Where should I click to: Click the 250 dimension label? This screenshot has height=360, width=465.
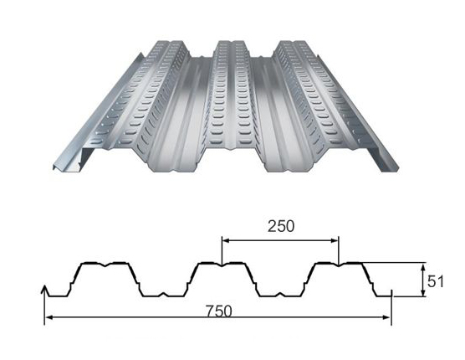tap(281, 226)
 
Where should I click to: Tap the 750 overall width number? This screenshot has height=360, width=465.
tap(219, 311)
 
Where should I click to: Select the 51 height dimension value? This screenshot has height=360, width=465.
tap(436, 281)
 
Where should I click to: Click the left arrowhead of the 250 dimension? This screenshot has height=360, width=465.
tap(226, 241)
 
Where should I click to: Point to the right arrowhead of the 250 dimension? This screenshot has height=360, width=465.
tap(335, 241)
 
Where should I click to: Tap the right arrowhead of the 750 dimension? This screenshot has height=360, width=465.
tap(386, 317)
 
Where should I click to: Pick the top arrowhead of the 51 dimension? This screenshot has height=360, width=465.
tap(424, 267)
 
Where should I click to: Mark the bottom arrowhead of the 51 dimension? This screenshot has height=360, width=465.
tap(424, 292)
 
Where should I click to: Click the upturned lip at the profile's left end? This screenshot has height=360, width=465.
tap(45, 291)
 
